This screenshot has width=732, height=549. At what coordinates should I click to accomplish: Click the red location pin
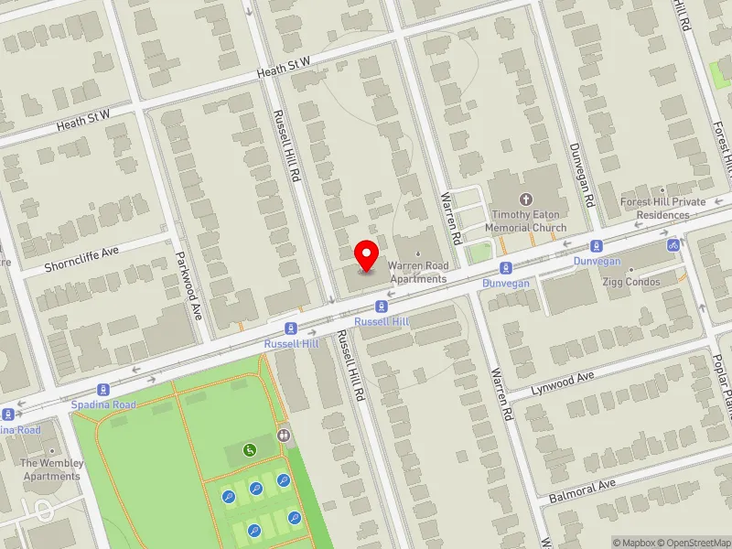click(x=367, y=255)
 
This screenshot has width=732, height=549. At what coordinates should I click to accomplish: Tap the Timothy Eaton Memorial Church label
click(x=526, y=221)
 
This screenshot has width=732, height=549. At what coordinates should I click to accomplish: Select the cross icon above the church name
click(x=525, y=199)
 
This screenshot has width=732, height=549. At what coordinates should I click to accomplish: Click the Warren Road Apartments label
click(x=417, y=272)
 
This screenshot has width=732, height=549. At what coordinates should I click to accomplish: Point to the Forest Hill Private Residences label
click(x=662, y=208)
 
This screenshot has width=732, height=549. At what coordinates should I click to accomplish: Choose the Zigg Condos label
click(x=630, y=283)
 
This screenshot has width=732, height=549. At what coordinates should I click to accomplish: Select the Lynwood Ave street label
click(x=563, y=382)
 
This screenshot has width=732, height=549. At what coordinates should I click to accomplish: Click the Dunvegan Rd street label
click(x=582, y=174)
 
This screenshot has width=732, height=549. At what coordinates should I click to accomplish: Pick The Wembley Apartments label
click(x=51, y=469)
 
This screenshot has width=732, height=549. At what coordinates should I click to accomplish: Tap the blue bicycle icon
click(x=673, y=244)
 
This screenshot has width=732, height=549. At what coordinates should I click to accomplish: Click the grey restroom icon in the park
click(x=285, y=436)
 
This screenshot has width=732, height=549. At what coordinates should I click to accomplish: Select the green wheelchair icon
click(x=249, y=449)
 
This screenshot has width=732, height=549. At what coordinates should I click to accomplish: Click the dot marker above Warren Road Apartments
click(x=417, y=253)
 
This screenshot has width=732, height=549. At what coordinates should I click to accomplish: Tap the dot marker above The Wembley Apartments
click(x=51, y=451)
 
